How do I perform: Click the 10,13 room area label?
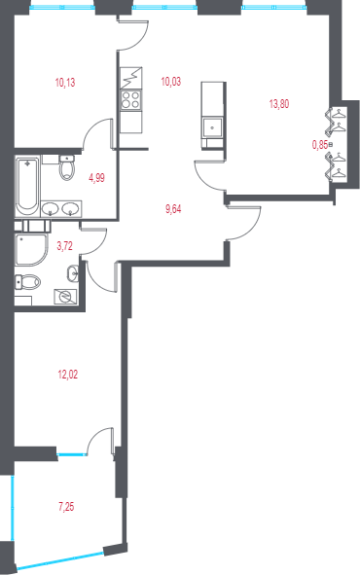point(65,83)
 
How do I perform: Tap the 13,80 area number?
point(278,102)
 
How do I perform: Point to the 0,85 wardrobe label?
point(319,144)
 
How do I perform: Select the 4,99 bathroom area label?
point(96,177)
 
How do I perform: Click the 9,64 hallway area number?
point(174,207)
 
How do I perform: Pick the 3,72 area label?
point(65,246)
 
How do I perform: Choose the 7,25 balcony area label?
point(66,506)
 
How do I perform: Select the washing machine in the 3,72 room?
point(66,297)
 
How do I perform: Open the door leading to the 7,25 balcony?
point(100,440)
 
